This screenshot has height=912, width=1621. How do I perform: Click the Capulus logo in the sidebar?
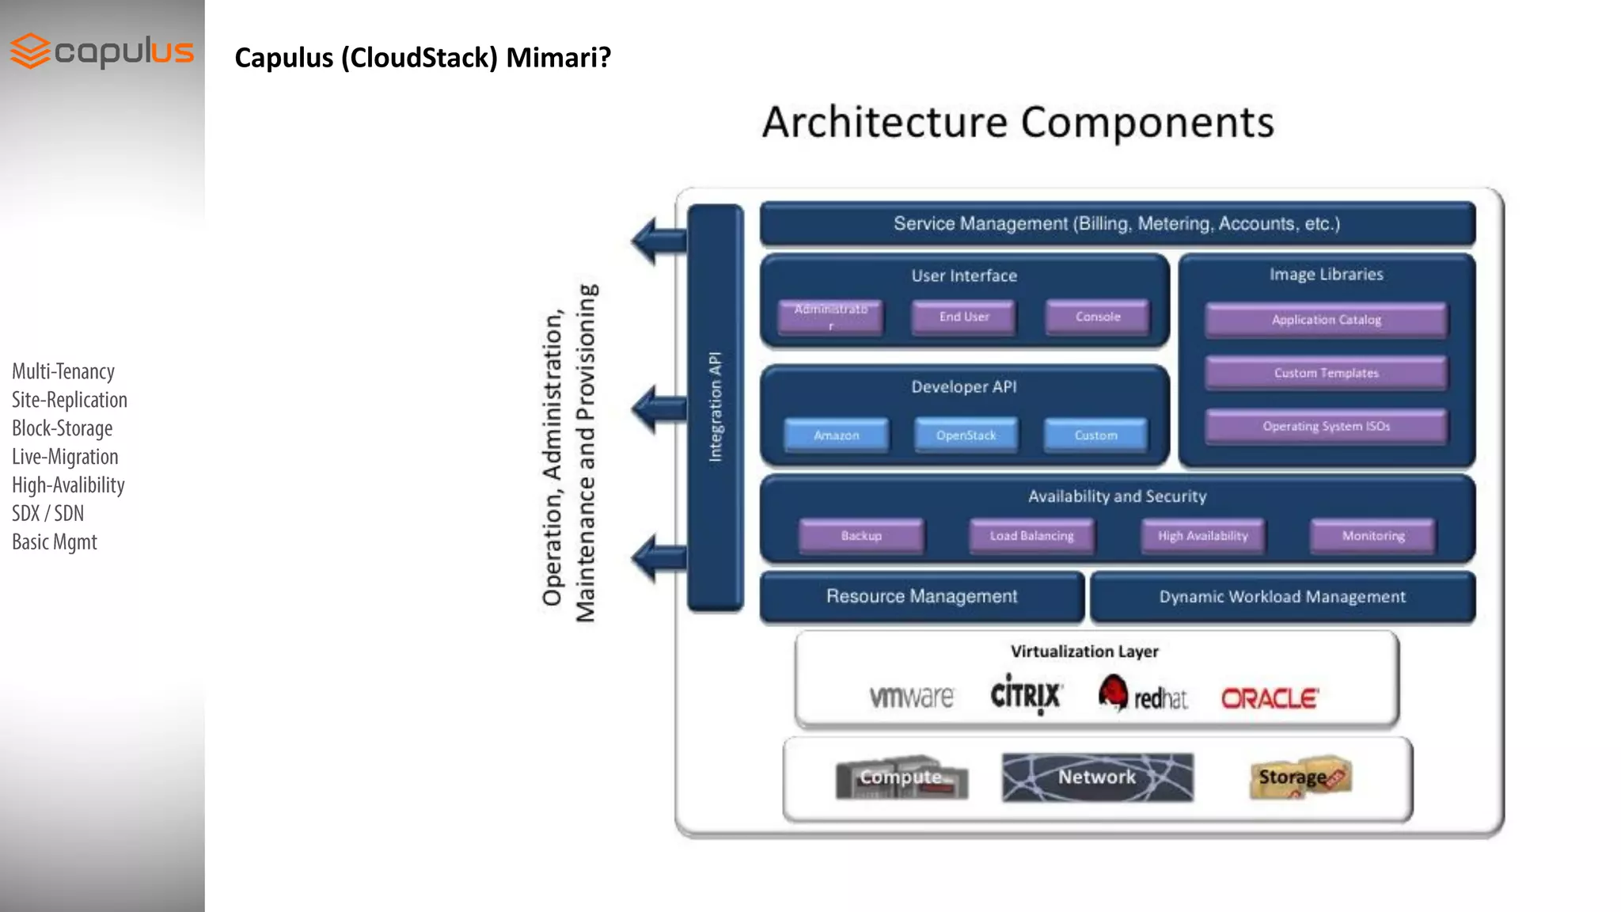101,51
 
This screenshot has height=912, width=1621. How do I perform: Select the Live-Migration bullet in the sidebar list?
65,457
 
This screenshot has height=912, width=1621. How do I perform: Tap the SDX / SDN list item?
47,514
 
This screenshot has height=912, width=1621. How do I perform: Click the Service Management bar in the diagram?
1117,224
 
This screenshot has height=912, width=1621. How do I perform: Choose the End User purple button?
964,317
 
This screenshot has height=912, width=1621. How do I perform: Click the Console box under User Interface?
1098,317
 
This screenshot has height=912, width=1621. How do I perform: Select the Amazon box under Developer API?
837,435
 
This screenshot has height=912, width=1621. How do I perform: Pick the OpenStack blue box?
966,435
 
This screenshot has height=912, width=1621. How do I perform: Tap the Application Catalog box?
1327,320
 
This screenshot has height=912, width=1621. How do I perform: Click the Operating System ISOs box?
1327,427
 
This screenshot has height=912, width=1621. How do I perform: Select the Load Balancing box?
1032,536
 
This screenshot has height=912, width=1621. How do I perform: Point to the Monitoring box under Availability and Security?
1373,536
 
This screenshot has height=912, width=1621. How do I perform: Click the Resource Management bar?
921,597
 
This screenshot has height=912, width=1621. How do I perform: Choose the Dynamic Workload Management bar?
1282,597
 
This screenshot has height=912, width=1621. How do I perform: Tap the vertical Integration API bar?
716,408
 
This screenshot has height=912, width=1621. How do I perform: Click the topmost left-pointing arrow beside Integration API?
657,240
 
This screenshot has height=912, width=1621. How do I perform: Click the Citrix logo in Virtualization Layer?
1026,695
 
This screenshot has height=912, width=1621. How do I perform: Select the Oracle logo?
1269,698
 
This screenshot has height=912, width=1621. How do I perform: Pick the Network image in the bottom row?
1097,777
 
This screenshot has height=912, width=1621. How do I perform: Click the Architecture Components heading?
1018,123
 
